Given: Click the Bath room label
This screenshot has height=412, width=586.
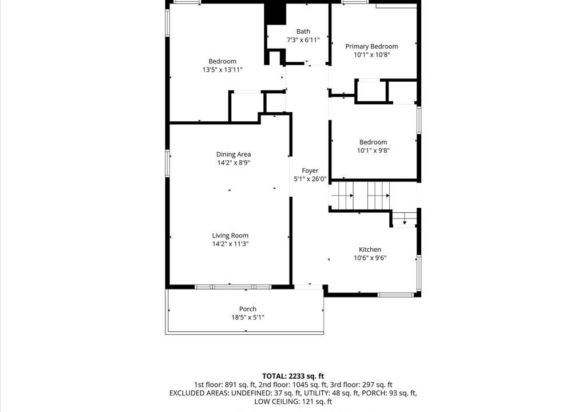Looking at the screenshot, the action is pos(303,31).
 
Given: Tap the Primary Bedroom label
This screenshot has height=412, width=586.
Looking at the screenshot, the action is pos(371,46).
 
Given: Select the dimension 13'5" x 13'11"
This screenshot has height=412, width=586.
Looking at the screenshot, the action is pos(223,70).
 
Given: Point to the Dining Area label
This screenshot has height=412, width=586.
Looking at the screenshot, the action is pos(233,154).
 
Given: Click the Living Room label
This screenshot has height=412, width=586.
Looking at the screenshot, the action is pos(230,236).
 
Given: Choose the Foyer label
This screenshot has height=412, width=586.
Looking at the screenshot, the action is pos(310,171).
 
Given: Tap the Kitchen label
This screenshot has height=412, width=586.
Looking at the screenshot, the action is pos(370,249).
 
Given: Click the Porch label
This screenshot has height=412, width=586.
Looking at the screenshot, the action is pos(248,309).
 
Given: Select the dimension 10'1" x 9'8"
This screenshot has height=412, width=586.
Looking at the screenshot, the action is pos(373,150).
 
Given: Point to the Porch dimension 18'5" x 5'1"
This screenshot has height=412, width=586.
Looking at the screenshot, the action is pos(248,318).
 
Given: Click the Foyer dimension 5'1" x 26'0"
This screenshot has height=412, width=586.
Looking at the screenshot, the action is pos(310,179).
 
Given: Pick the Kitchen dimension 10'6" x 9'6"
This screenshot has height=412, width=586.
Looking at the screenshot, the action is pos(370,257).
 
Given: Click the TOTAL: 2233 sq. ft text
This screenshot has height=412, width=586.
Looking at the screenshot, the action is pos(293,376).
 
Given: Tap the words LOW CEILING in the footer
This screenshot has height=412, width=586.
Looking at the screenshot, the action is pos(275,402).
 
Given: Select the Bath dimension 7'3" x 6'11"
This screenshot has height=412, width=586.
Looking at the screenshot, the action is pos(303,39).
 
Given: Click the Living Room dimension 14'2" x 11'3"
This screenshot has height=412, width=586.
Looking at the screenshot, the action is pos(230,244).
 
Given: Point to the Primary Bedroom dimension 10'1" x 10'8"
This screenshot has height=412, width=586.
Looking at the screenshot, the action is pos(372,54).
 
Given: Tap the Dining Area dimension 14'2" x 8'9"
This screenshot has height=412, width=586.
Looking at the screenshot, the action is pos(233,163).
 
